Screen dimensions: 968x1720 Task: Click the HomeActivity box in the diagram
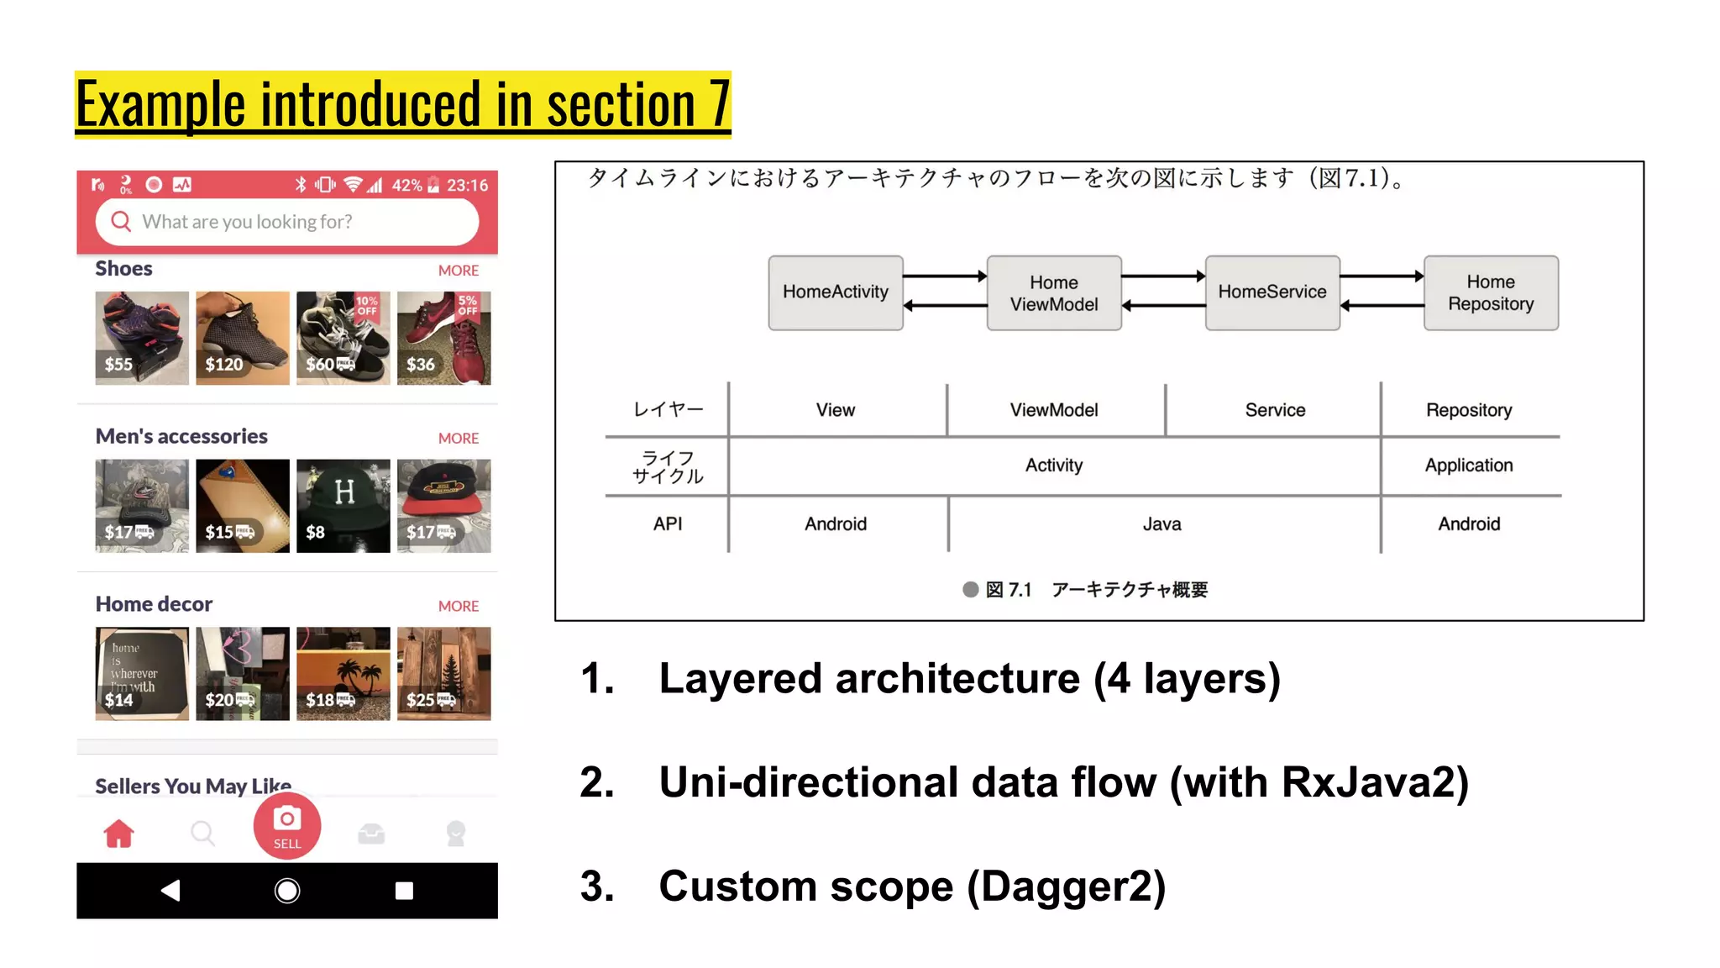[835, 292]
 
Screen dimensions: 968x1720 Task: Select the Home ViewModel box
[1053, 293]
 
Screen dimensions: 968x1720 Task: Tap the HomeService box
[1272, 292]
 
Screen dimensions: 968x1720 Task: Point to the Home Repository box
[1490, 292]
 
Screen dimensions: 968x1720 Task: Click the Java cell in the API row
[1162, 524]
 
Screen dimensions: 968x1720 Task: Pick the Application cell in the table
[1468, 466]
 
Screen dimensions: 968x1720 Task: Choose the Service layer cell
[1274, 410]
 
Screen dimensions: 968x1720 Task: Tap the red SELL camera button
[287, 827]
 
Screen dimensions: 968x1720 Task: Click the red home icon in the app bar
[118, 834]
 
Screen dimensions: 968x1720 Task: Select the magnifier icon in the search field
[122, 221]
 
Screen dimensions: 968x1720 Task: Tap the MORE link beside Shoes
[458, 271]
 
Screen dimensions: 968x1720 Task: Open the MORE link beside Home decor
[458, 606]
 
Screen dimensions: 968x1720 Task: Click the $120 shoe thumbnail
[242, 338]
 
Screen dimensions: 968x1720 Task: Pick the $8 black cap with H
[343, 506]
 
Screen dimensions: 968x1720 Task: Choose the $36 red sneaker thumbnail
[443, 338]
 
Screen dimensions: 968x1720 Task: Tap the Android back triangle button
[170, 891]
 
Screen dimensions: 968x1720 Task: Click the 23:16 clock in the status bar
[467, 185]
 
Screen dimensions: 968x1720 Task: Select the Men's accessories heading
[181, 436]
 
